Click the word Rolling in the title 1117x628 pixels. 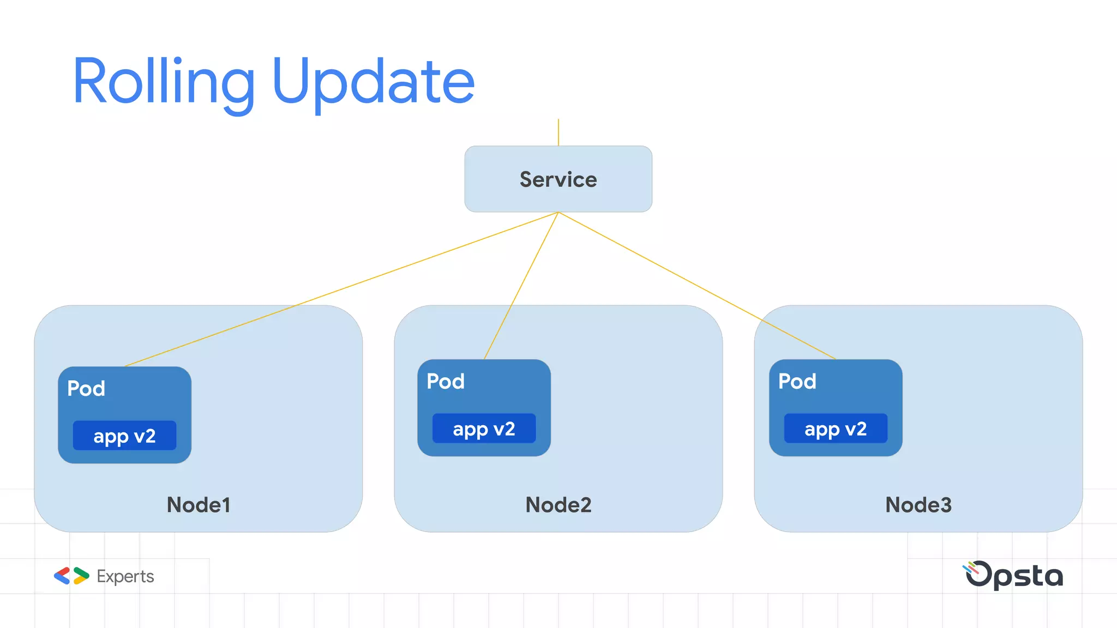pos(164,82)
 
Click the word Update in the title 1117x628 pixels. pos(373,82)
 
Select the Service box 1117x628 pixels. pos(558,179)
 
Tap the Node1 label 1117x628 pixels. pos(199,505)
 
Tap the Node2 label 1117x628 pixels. pos(558,505)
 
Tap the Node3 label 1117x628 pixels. pos(918,505)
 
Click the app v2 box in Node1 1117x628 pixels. pos(124,436)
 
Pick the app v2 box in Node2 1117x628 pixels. pos(484,428)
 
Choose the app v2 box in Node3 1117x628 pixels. pos(836,428)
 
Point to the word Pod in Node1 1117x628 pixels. pos(86,388)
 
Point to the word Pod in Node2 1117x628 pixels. pos(446,381)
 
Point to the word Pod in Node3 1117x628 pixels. pos(797,381)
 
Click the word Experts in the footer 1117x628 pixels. pos(125,576)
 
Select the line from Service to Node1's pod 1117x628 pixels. pos(341,289)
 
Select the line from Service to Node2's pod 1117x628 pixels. pos(521,285)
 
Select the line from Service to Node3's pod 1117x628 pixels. pos(696,285)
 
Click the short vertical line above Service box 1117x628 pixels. pos(558,132)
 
